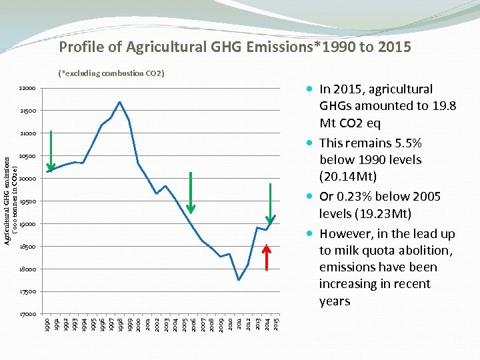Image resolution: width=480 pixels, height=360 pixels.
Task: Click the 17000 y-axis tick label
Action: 28,314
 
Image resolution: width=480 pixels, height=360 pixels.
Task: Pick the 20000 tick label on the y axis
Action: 28,179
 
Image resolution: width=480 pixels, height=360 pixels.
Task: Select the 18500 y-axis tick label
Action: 28,247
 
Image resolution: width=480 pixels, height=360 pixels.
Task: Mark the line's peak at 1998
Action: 119,102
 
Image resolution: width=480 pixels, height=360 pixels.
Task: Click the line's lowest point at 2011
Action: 239,280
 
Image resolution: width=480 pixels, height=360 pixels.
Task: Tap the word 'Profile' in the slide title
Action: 81,47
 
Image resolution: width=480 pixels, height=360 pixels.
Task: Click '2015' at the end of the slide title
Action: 394,47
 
